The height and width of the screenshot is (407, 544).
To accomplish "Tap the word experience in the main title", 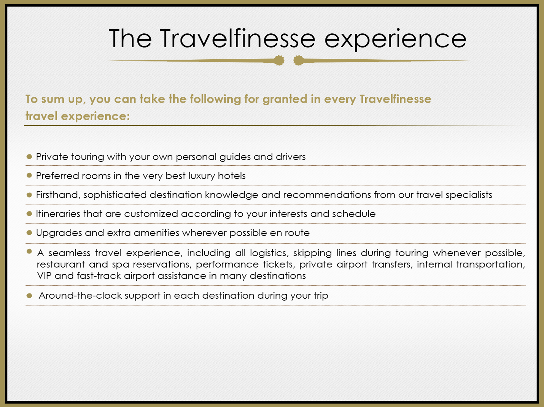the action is tap(396, 40).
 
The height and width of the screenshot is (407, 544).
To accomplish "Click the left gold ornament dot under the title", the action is tap(279, 60).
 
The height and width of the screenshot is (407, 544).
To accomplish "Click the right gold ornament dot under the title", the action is tap(298, 60).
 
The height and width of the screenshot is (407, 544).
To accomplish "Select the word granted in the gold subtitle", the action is tap(285, 100).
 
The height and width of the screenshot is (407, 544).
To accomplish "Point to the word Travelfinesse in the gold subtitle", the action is tap(395, 99).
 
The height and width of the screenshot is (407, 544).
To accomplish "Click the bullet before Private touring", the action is tap(29, 157).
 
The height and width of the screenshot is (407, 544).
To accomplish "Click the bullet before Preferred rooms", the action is tap(29, 175).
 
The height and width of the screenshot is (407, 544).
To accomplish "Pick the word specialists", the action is tap(469, 195).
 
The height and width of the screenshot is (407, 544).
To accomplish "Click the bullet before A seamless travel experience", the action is tap(29, 251).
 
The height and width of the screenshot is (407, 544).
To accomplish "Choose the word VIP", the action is tap(44, 276).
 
